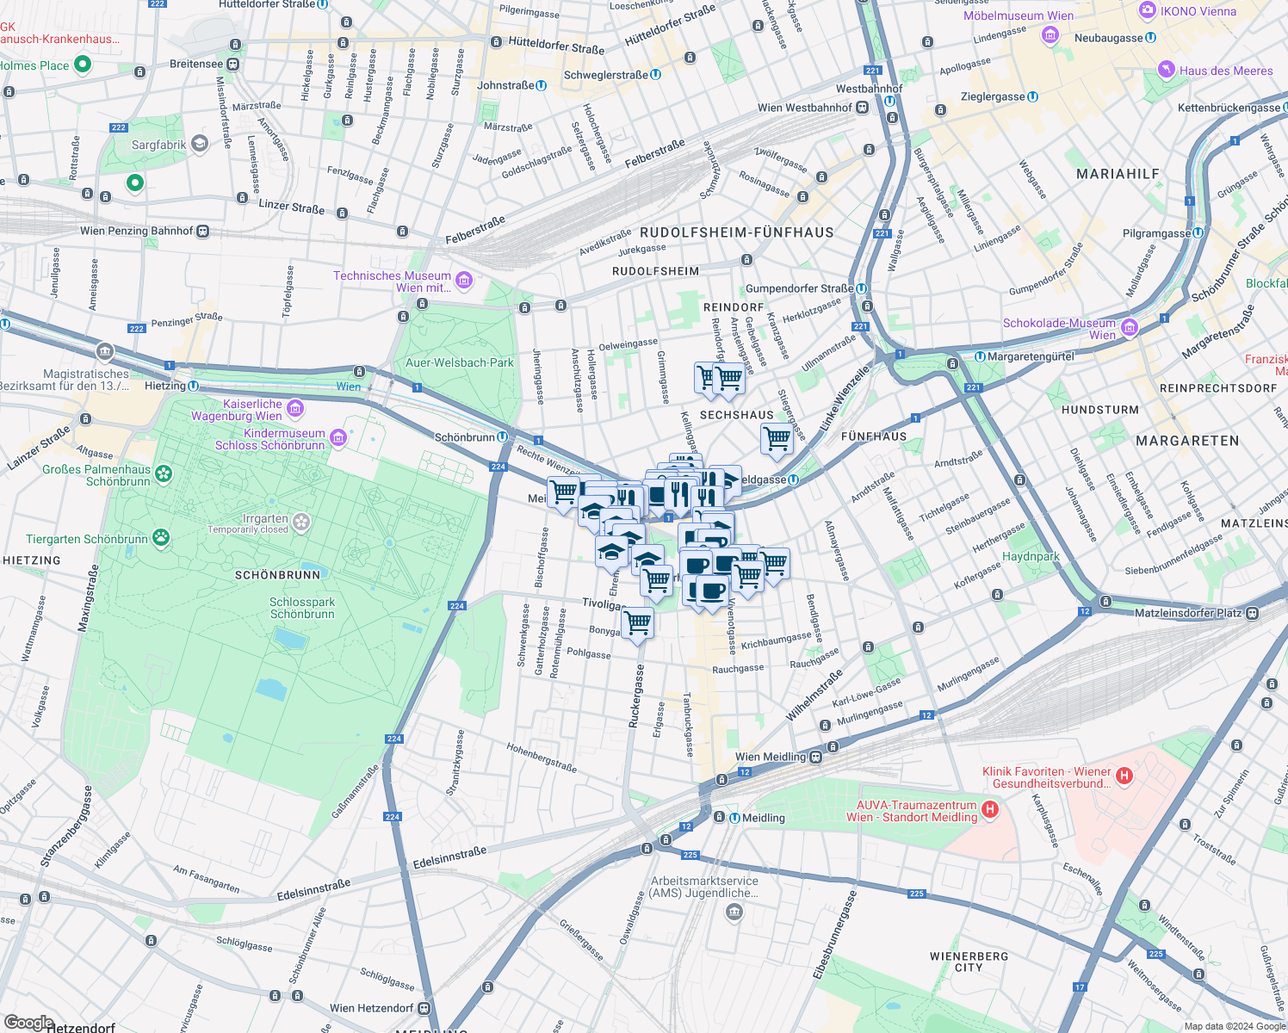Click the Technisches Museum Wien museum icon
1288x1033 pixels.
464,280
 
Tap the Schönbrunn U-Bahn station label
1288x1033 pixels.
464,437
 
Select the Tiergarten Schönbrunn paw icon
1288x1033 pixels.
161,539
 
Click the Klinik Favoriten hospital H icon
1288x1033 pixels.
1124,776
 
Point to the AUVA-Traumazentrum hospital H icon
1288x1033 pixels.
990,809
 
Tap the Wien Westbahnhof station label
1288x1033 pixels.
804,108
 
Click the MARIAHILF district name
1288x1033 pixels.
1118,174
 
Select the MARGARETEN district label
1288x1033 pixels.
1187,441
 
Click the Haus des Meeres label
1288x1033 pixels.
1225,71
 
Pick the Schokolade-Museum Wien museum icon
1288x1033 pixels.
1130,328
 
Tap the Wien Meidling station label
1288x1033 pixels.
770,757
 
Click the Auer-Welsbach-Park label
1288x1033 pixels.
459,362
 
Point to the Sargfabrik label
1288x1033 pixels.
158,145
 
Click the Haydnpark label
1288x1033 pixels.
1031,556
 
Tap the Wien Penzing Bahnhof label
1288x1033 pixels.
136,231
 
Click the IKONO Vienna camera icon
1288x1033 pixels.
1147,10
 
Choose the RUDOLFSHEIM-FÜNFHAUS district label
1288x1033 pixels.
736,232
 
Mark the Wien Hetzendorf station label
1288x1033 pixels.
371,1008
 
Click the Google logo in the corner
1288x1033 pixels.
28,1023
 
